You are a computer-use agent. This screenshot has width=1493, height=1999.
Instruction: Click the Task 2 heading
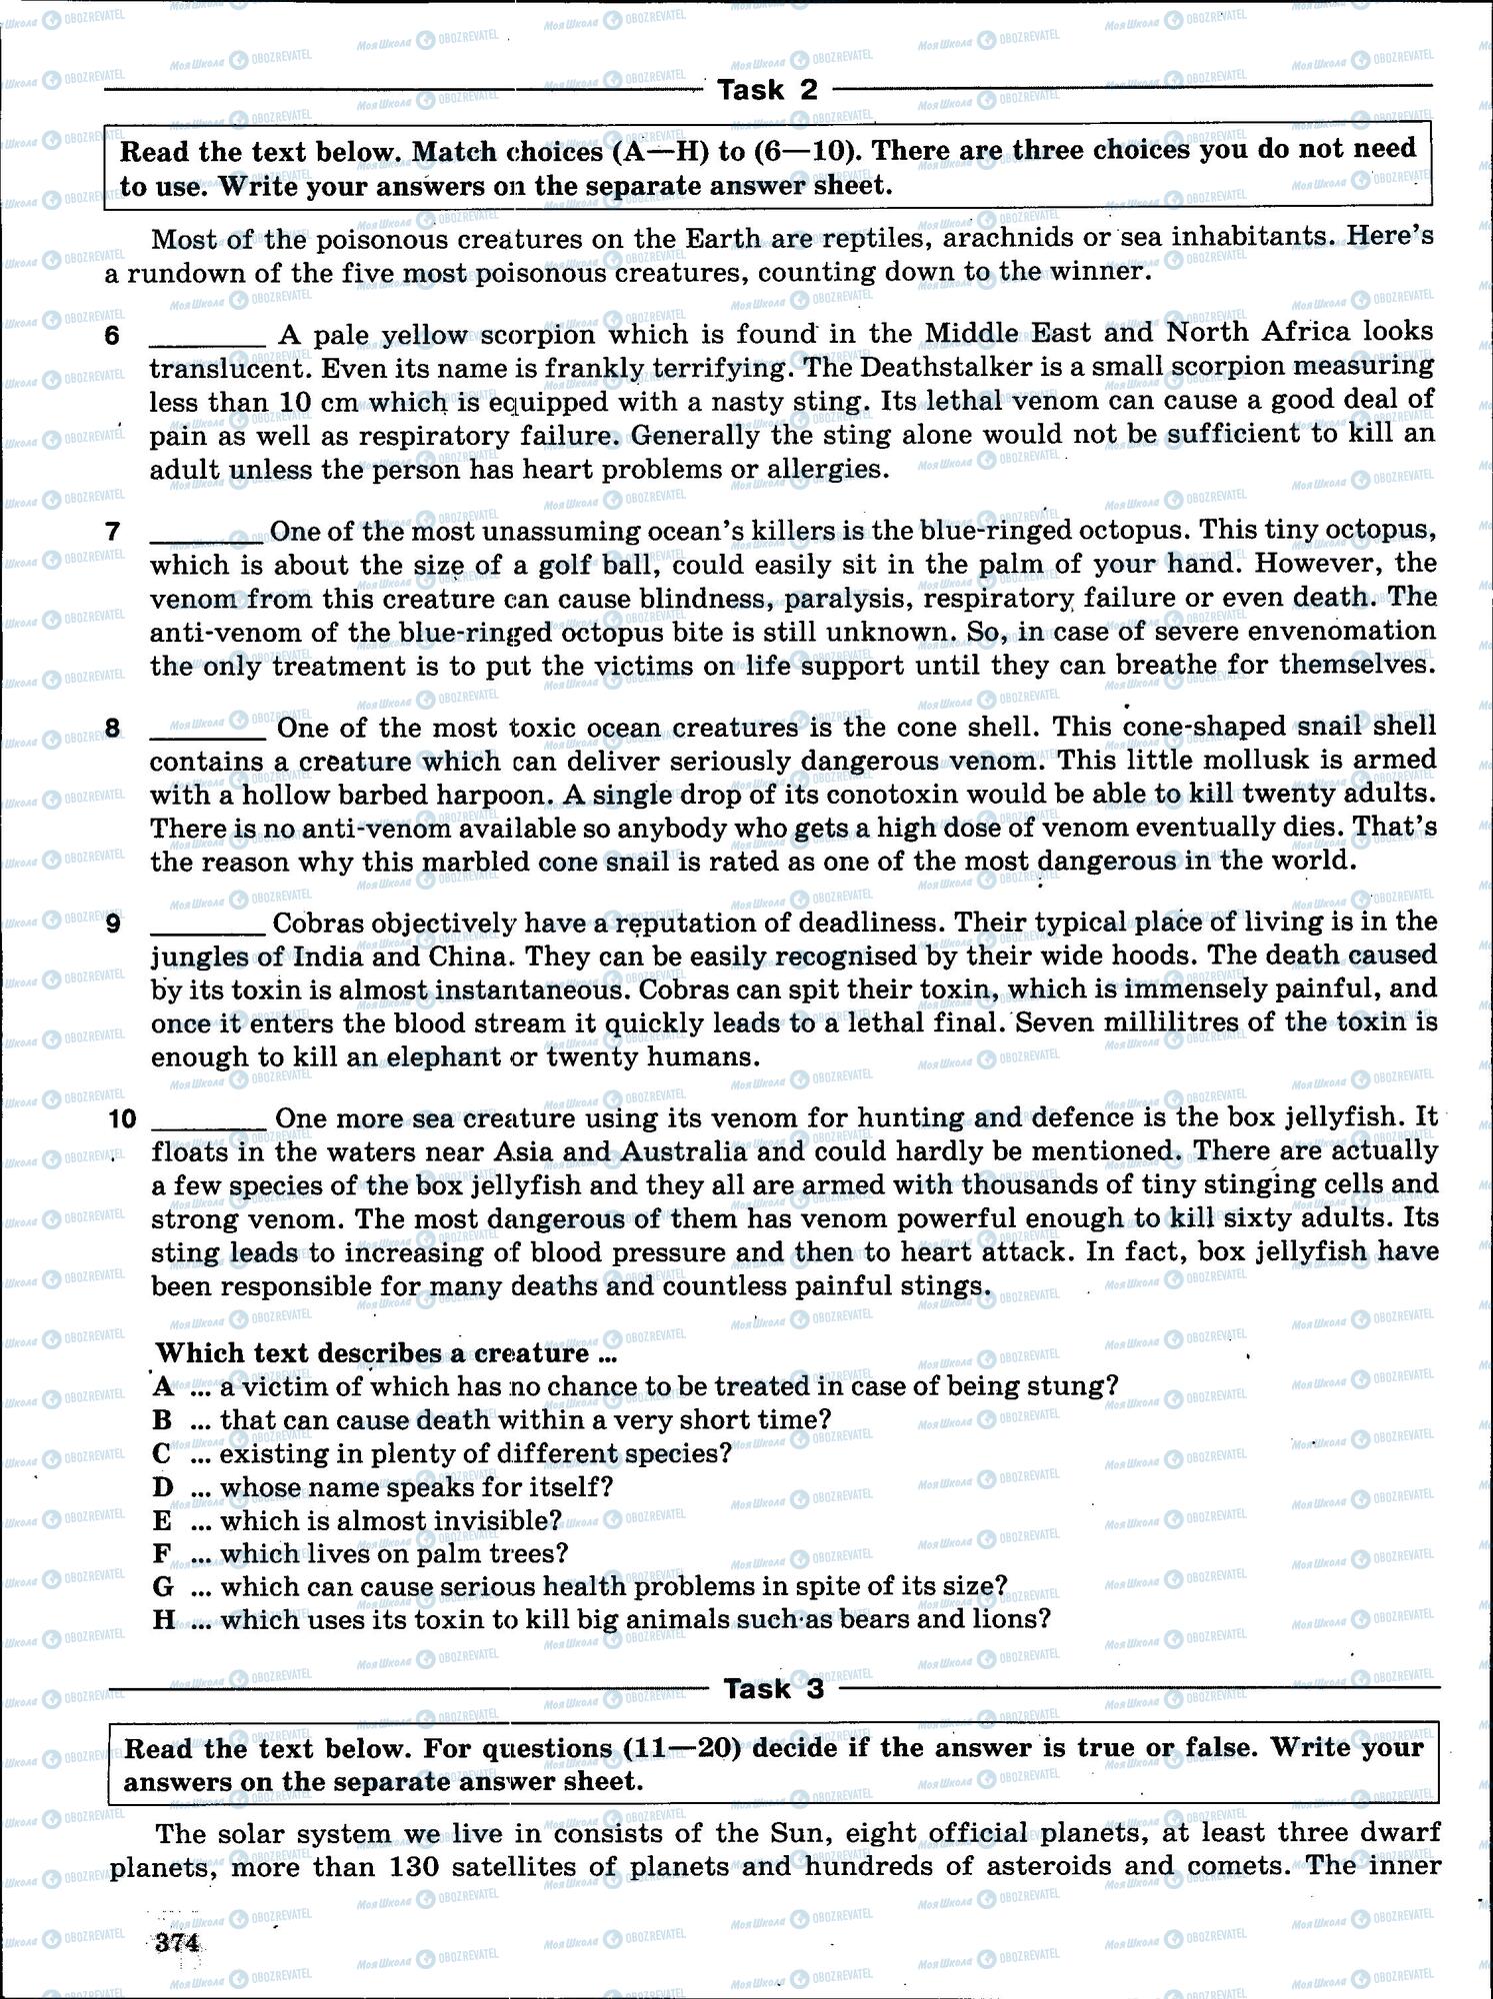pyautogui.click(x=768, y=91)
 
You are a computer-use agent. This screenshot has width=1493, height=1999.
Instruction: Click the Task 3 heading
pyautogui.click(x=773, y=1688)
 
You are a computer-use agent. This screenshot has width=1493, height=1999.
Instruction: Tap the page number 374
pyautogui.click(x=176, y=1942)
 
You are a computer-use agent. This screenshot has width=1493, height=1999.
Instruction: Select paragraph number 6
pyautogui.click(x=113, y=335)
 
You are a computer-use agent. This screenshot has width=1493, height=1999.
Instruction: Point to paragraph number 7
pyautogui.click(x=113, y=532)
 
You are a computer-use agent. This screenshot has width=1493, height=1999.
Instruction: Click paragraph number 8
pyautogui.click(x=113, y=729)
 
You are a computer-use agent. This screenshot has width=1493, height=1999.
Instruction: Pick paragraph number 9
pyautogui.click(x=113, y=924)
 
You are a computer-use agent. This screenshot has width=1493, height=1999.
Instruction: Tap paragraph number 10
pyautogui.click(x=121, y=1118)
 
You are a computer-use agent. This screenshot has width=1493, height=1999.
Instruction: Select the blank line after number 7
pyautogui.click(x=207, y=536)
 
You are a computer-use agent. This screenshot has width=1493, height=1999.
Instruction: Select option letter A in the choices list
pyautogui.click(x=163, y=1386)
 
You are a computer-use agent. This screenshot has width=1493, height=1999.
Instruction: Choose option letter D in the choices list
pyautogui.click(x=163, y=1487)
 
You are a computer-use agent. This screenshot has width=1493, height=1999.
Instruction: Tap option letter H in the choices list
pyautogui.click(x=164, y=1619)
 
